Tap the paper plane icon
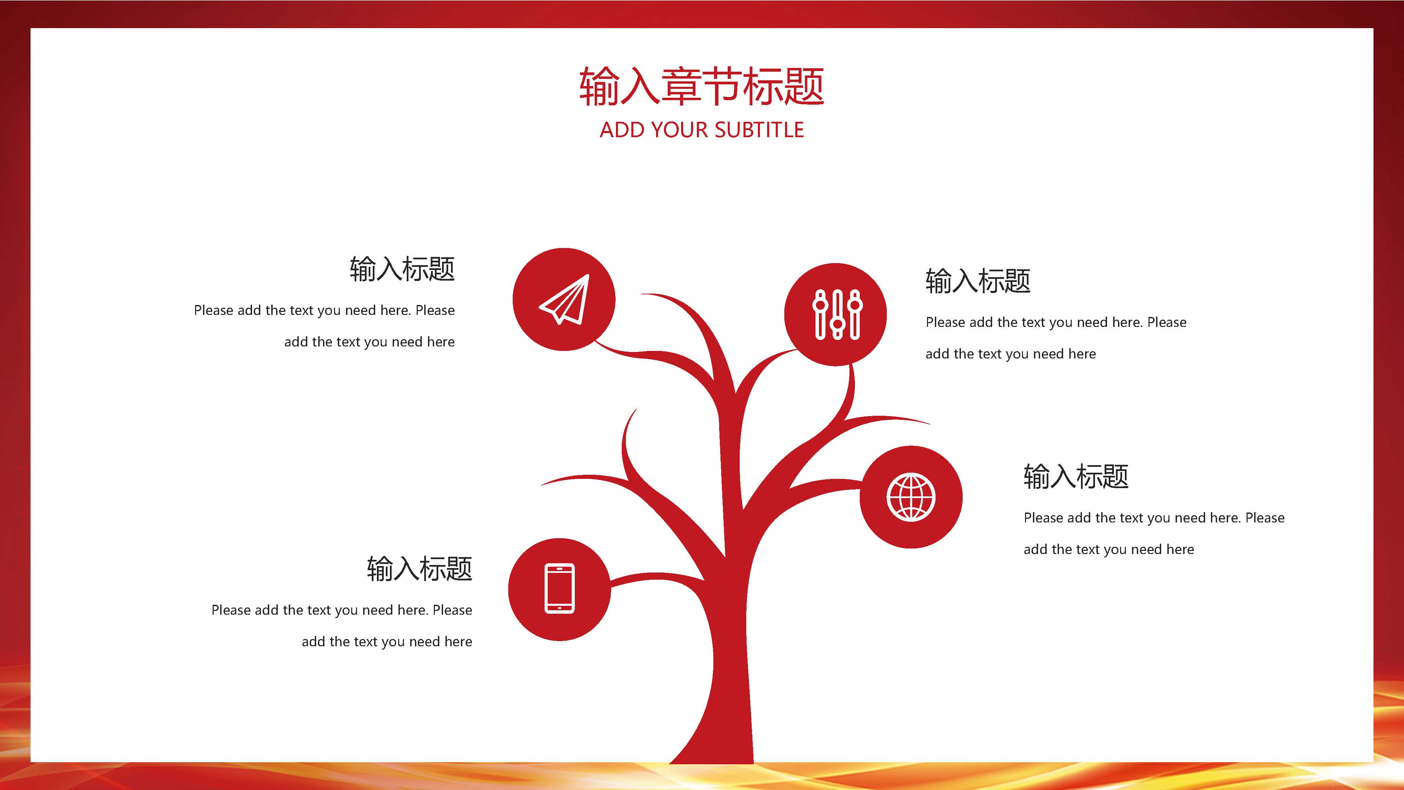[x=564, y=299]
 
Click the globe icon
[x=911, y=497]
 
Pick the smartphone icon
[x=560, y=589]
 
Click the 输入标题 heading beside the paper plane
[x=402, y=269]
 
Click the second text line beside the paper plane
[x=370, y=342]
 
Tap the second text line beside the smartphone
[x=387, y=642]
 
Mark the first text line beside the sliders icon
[x=1056, y=322]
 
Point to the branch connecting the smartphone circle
[x=654, y=577]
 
